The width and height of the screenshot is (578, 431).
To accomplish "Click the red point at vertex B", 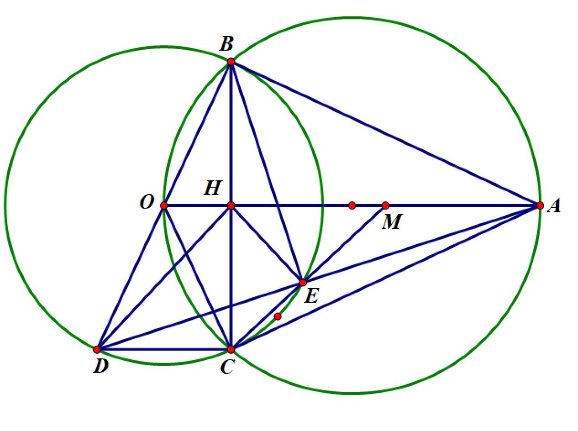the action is pyautogui.click(x=231, y=62).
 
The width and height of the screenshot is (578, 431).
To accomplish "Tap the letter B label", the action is pyautogui.click(x=226, y=44).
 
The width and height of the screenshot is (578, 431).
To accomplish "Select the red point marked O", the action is pyautogui.click(x=164, y=205).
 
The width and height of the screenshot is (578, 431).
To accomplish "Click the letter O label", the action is pyautogui.click(x=147, y=202).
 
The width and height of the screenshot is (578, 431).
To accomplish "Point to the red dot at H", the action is pyautogui.click(x=231, y=205).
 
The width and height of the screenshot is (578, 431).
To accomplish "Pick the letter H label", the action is pyautogui.click(x=213, y=188).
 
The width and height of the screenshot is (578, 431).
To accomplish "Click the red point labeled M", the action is pyautogui.click(x=385, y=205).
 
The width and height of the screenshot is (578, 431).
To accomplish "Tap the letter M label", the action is pyautogui.click(x=392, y=221).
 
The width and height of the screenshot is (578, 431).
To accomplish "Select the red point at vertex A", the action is pyautogui.click(x=540, y=205).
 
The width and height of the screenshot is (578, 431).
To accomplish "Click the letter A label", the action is pyautogui.click(x=554, y=205).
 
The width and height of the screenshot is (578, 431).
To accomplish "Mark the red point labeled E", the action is pyautogui.click(x=303, y=283).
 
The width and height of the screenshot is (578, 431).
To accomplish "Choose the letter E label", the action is pyautogui.click(x=311, y=296).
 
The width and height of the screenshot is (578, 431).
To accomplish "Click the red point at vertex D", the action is pyautogui.click(x=97, y=350).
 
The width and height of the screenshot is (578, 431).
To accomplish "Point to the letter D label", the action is pyautogui.click(x=101, y=366).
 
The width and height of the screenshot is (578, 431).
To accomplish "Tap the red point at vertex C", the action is pyautogui.click(x=231, y=350).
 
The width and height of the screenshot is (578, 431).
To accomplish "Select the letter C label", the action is pyautogui.click(x=227, y=367).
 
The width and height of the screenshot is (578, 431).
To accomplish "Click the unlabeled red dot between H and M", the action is pyautogui.click(x=352, y=205).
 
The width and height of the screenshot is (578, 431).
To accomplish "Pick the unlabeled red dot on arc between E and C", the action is pyautogui.click(x=278, y=316).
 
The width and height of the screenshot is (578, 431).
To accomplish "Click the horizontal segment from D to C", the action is pyautogui.click(x=164, y=350).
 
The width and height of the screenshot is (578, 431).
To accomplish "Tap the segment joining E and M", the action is pyautogui.click(x=344, y=244).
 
